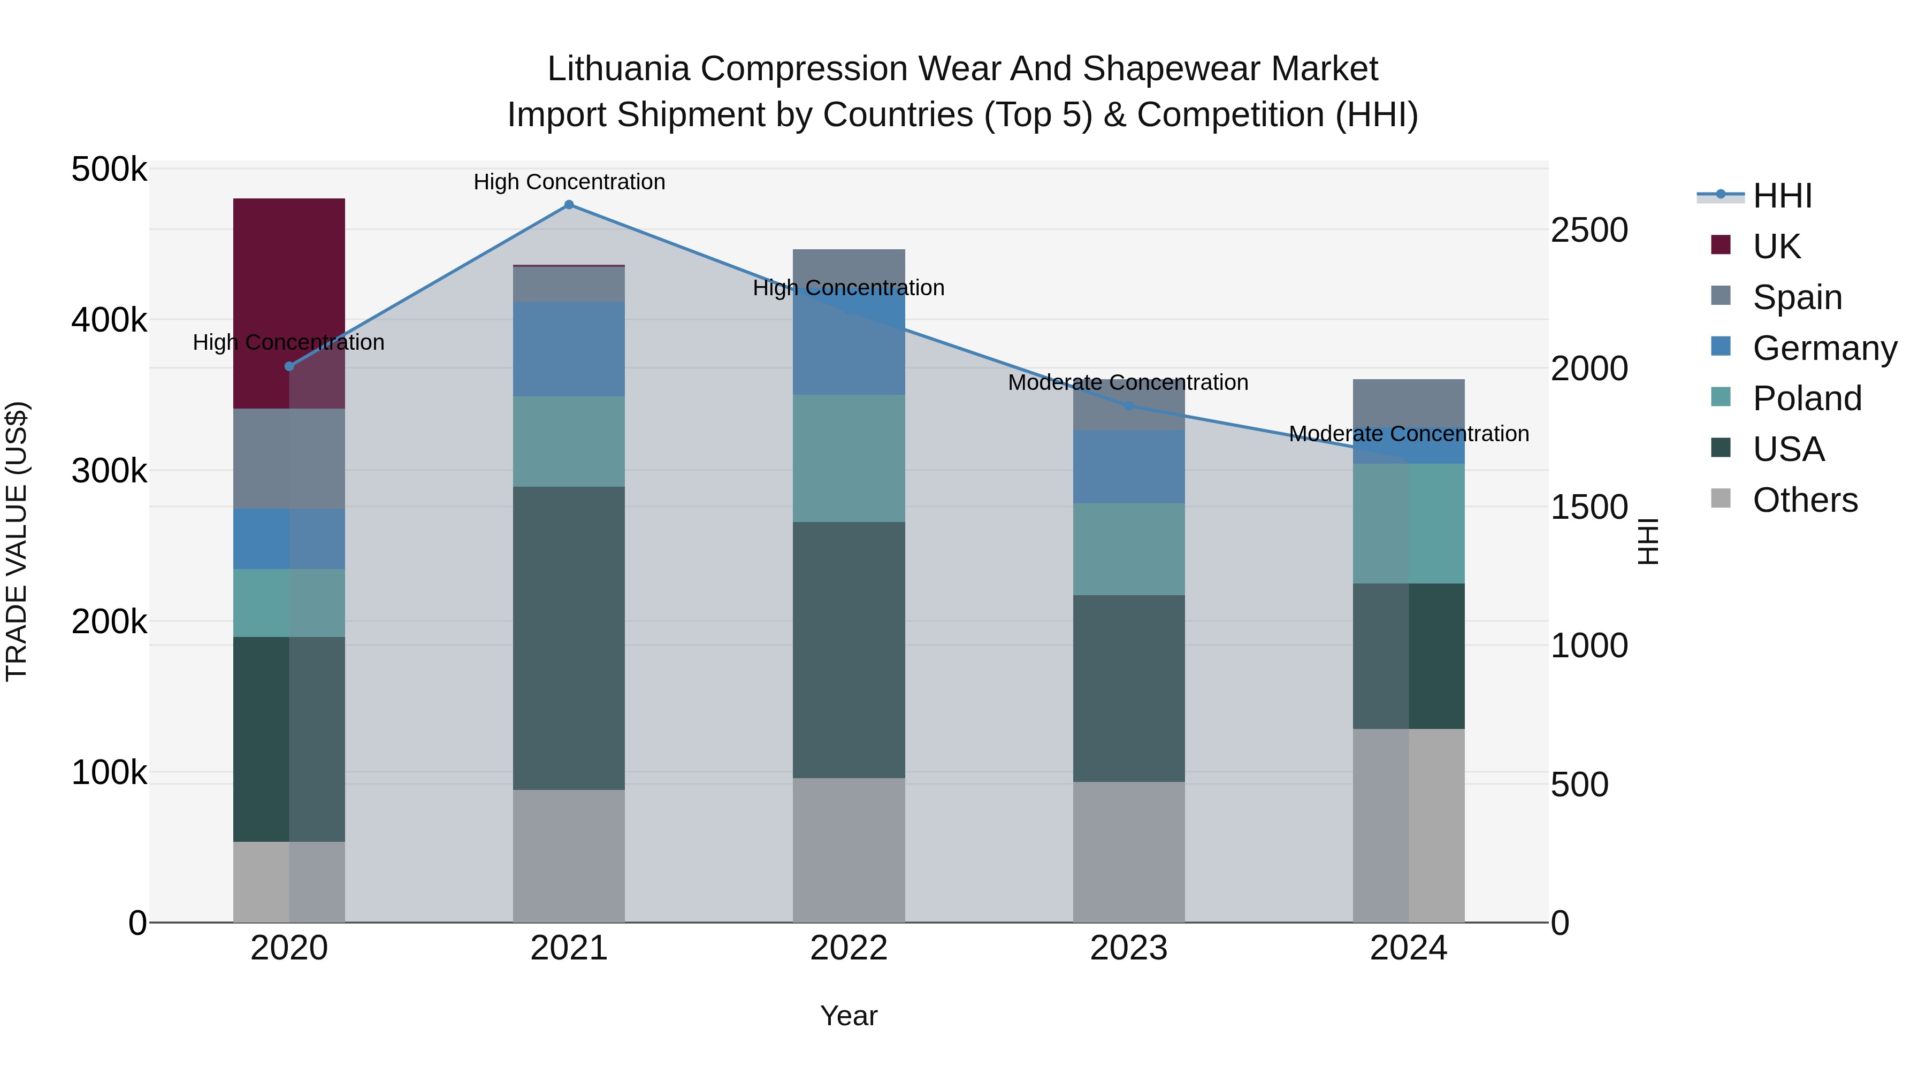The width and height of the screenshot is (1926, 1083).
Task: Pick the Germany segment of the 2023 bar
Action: [1128, 466]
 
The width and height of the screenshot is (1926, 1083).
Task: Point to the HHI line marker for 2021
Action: [569, 205]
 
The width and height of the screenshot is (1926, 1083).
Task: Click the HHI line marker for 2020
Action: [289, 366]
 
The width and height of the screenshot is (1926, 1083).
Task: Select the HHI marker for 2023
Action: [1129, 406]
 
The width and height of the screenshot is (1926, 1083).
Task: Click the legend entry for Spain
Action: [1797, 297]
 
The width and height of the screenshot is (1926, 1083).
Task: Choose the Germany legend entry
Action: [1824, 348]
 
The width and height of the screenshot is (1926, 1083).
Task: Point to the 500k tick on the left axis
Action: [109, 170]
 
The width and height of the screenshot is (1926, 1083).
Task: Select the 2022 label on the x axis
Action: [849, 948]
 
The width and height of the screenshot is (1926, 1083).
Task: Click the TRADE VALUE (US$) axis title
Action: [17, 541]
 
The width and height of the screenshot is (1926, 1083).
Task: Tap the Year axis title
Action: [849, 1016]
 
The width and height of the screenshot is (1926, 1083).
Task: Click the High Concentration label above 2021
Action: [569, 182]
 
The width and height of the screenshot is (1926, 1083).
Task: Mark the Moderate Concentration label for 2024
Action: [1409, 434]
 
